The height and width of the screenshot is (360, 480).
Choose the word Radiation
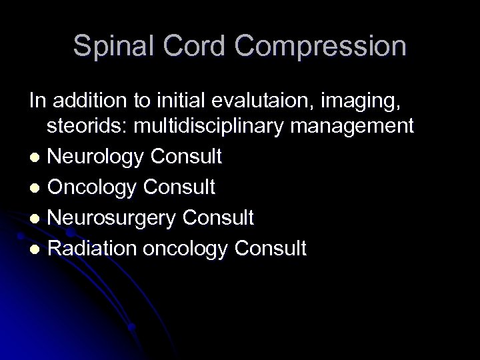[93, 248]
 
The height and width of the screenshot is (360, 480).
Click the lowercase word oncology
[188, 249]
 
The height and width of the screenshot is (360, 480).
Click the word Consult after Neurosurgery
[219, 217]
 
